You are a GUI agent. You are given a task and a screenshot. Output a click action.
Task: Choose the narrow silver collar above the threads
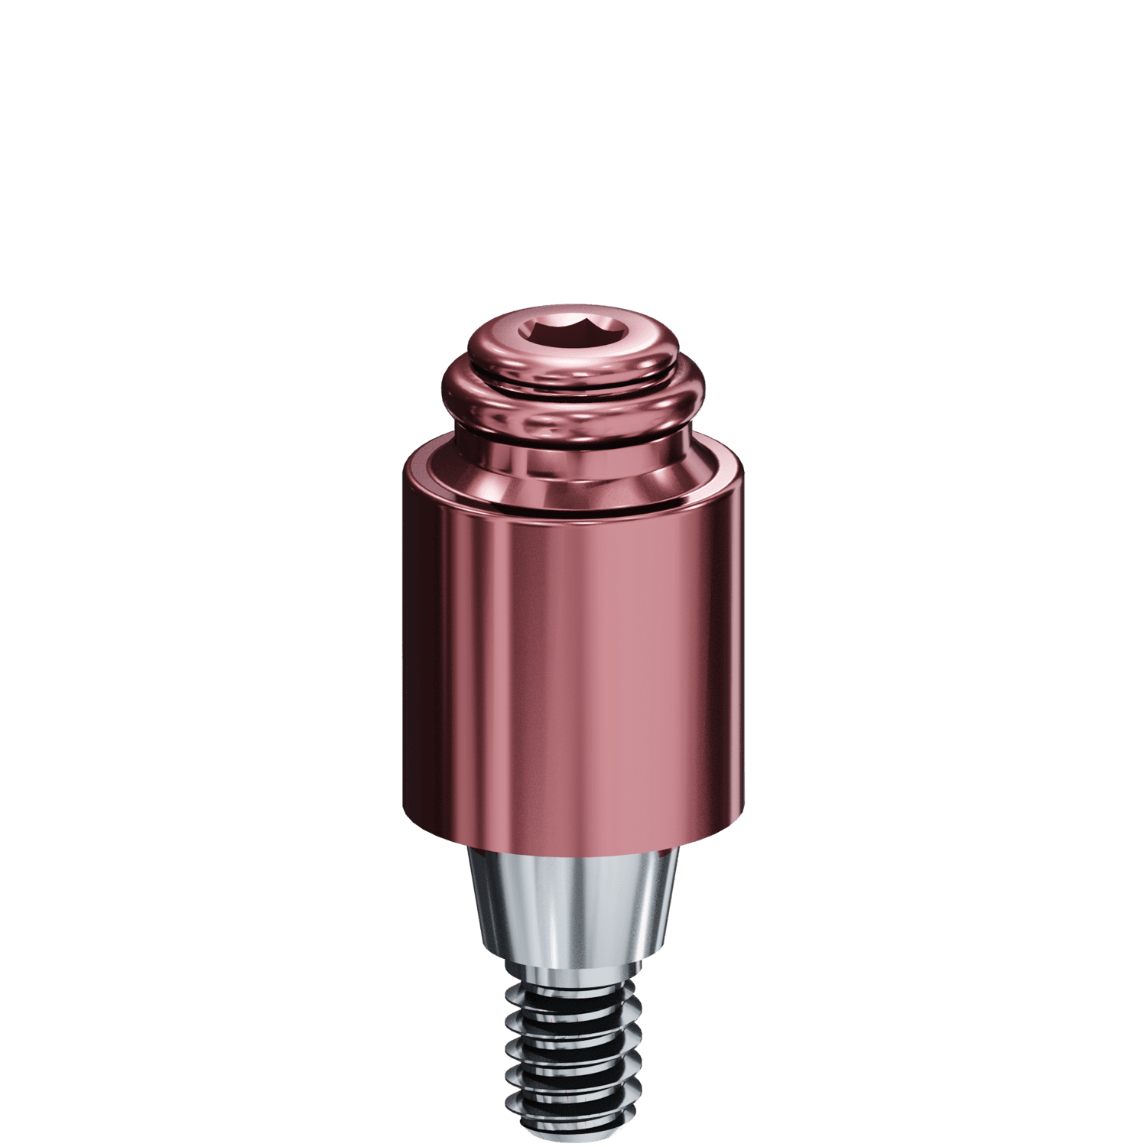(x=573, y=975)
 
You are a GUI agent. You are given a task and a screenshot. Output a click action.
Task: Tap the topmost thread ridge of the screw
(x=573, y=994)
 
